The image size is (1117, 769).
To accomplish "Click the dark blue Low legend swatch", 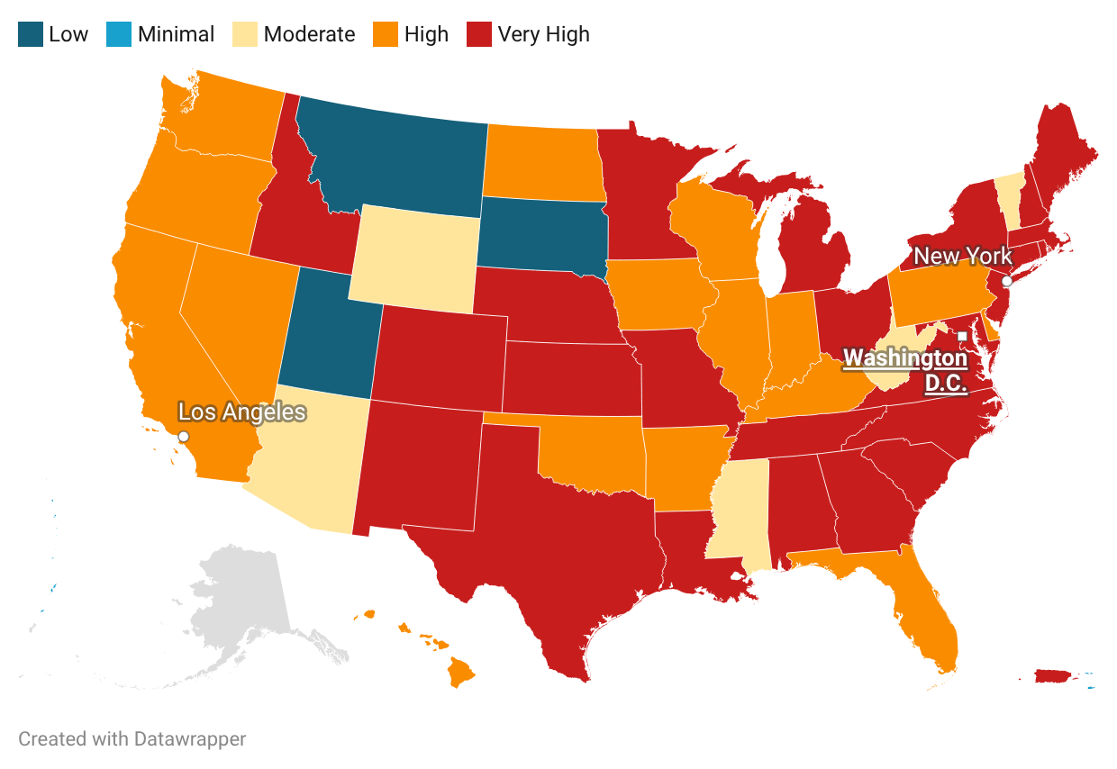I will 31,35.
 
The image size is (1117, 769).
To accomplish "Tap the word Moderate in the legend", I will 309,35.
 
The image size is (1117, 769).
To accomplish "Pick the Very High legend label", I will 543,35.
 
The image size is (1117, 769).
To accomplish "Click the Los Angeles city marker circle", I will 184,436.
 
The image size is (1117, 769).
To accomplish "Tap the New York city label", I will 962,257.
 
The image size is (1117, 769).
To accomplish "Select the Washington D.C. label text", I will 904,370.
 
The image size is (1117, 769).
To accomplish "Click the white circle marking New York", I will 1007,281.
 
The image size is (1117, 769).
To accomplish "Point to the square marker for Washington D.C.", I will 962,336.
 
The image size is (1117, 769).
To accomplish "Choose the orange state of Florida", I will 928,621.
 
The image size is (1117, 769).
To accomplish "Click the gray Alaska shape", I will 243,603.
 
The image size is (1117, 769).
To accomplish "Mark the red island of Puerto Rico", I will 1054,675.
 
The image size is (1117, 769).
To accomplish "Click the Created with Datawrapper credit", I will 132,739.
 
